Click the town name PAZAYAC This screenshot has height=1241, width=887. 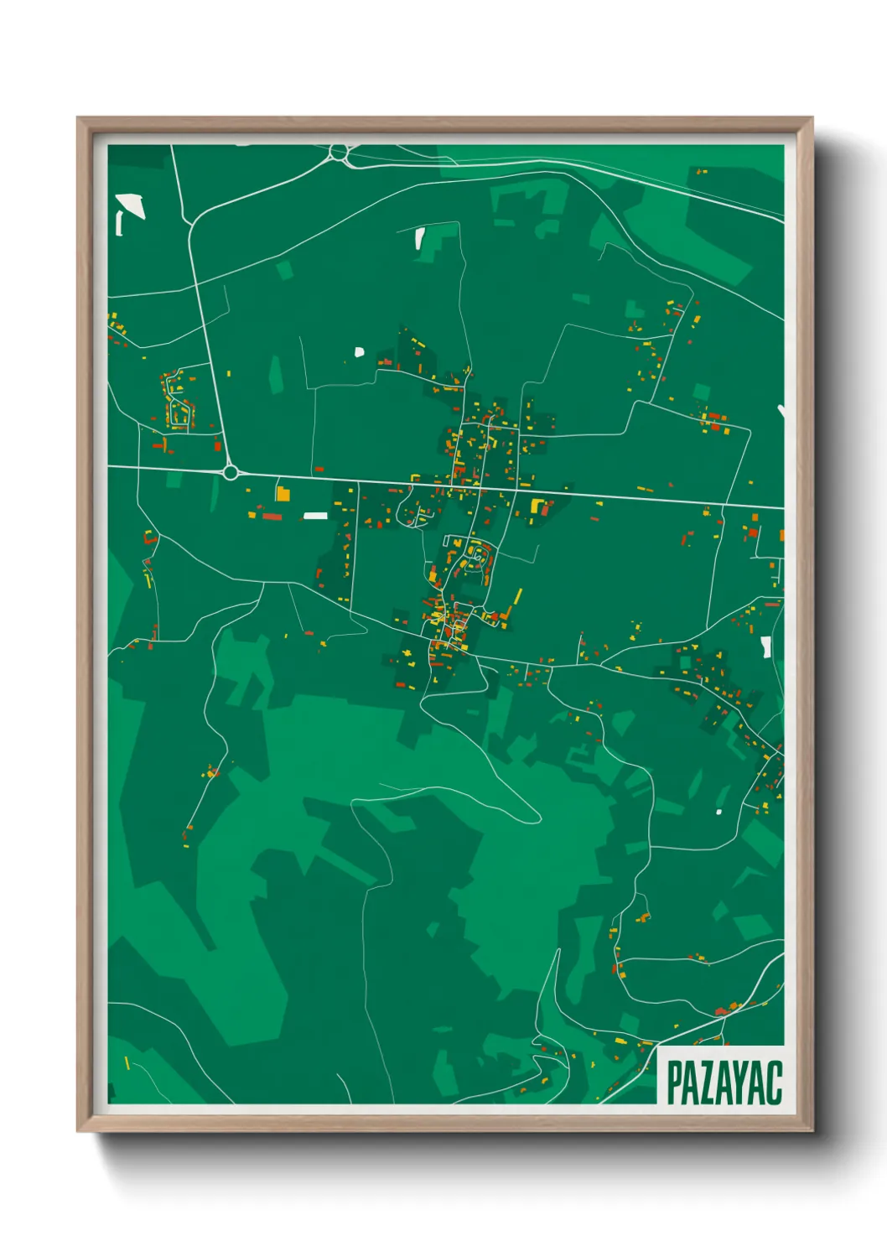pyautogui.click(x=724, y=1083)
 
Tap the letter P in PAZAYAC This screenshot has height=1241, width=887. pyautogui.click(x=675, y=1083)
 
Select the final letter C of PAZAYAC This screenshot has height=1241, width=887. pyautogui.click(x=774, y=1083)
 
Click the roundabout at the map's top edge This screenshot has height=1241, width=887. pyautogui.click(x=339, y=153)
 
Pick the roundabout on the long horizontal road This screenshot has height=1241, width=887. pyautogui.click(x=231, y=473)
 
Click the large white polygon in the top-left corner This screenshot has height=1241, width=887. pyautogui.click(x=131, y=205)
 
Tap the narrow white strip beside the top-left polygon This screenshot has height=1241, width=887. pyautogui.click(x=119, y=224)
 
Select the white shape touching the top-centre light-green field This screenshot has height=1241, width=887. pyautogui.click(x=419, y=239)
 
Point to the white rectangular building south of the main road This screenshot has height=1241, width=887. pyautogui.click(x=315, y=516)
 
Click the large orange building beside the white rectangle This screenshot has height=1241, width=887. pyautogui.click(x=283, y=494)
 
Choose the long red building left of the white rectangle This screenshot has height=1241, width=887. pyautogui.click(x=272, y=517)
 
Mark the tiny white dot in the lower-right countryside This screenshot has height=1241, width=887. pyautogui.click(x=718, y=812)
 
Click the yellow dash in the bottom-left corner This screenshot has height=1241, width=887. pyautogui.click(x=127, y=1063)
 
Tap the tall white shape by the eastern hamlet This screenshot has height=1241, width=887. pyautogui.click(x=765, y=646)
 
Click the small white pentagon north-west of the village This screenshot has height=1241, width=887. pyautogui.click(x=360, y=352)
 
